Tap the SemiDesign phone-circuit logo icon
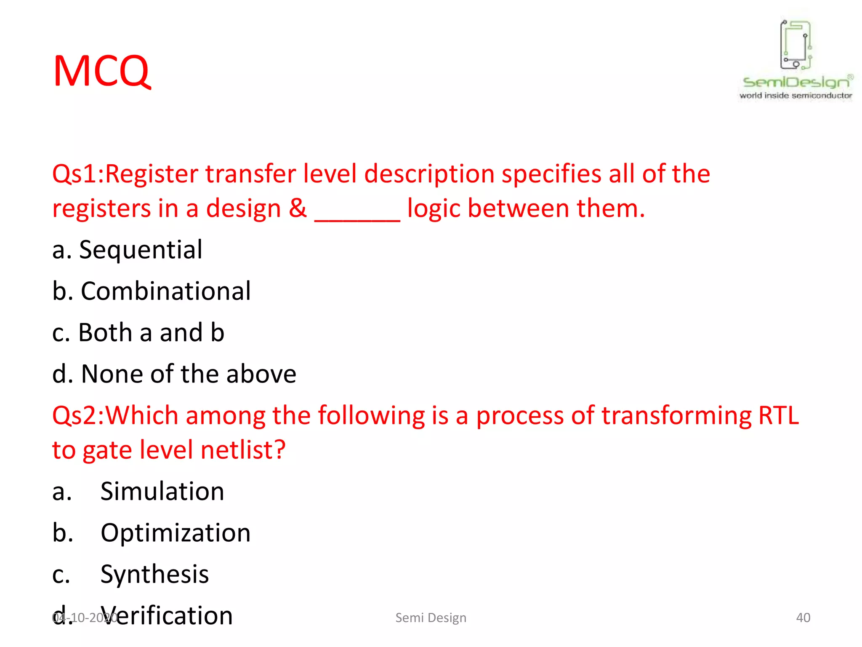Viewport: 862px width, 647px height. (795, 45)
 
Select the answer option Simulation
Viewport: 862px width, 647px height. (162, 491)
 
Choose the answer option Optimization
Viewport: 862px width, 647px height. (176, 533)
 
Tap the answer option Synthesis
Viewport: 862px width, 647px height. (154, 574)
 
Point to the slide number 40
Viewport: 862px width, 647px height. (803, 618)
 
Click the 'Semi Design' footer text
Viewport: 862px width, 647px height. (431, 618)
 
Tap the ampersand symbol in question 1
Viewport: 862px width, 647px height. (298, 208)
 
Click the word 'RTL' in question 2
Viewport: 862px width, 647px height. (778, 415)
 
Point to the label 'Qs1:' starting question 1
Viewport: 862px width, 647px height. (78, 174)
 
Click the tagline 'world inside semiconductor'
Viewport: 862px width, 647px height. (795, 96)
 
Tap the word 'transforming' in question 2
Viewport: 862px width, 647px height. (676, 416)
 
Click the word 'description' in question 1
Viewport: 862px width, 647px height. (429, 174)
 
